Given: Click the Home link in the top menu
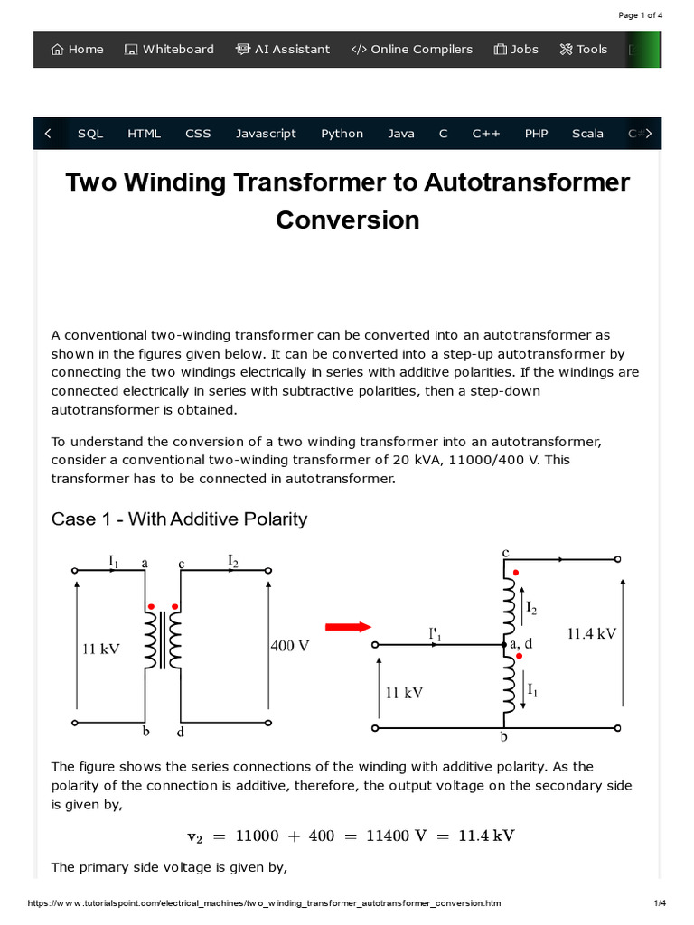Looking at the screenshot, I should [78, 50].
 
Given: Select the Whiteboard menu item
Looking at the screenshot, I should [169, 50].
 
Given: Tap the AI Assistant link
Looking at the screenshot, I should [283, 50].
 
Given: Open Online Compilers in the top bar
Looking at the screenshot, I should [412, 50].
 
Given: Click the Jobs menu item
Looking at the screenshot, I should [516, 50].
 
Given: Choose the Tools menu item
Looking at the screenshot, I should [584, 50].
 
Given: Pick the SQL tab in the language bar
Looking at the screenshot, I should [90, 134].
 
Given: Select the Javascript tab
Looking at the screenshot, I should [266, 134].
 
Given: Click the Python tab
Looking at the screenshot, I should [342, 134].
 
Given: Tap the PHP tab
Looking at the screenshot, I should [536, 134].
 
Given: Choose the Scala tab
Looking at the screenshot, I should [587, 134].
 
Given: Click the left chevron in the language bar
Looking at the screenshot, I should [48, 134].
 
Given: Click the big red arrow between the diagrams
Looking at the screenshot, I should [348, 627].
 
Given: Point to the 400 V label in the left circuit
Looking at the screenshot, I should [290, 647].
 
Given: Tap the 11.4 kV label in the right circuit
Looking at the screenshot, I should [591, 634].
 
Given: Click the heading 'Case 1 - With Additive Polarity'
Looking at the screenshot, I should [179, 519].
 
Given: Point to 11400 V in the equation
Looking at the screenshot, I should [396, 836].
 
